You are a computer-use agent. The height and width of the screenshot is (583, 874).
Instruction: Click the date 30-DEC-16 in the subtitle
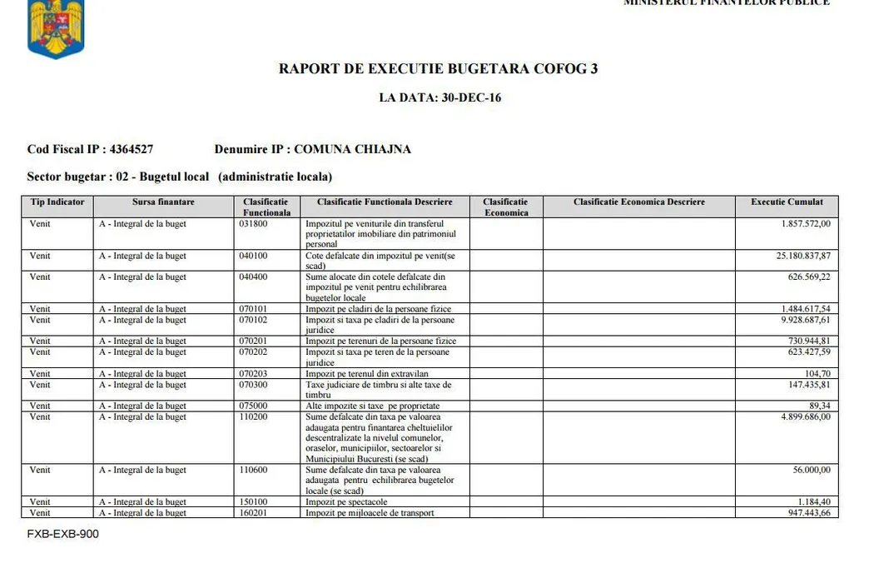pyautogui.click(x=472, y=97)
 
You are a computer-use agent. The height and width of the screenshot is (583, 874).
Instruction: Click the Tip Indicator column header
pyautogui.click(x=57, y=202)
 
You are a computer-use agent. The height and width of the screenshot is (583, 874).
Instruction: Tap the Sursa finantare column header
pyautogui.click(x=163, y=202)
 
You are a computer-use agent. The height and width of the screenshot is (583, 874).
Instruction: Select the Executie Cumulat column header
pyautogui.click(x=787, y=202)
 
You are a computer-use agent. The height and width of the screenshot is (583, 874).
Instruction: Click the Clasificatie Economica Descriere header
pyautogui.click(x=638, y=202)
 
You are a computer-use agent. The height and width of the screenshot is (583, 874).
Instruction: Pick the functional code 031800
pyautogui.click(x=253, y=224)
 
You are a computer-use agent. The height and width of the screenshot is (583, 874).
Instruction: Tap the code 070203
pyautogui.click(x=253, y=374)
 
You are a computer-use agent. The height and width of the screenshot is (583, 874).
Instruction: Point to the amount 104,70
pyautogui.click(x=817, y=374)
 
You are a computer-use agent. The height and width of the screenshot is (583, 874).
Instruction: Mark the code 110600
pyautogui.click(x=253, y=471)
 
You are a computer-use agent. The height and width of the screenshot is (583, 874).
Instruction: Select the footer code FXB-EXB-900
pyautogui.click(x=62, y=534)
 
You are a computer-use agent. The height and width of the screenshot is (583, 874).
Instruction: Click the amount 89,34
pyautogui.click(x=819, y=406)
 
